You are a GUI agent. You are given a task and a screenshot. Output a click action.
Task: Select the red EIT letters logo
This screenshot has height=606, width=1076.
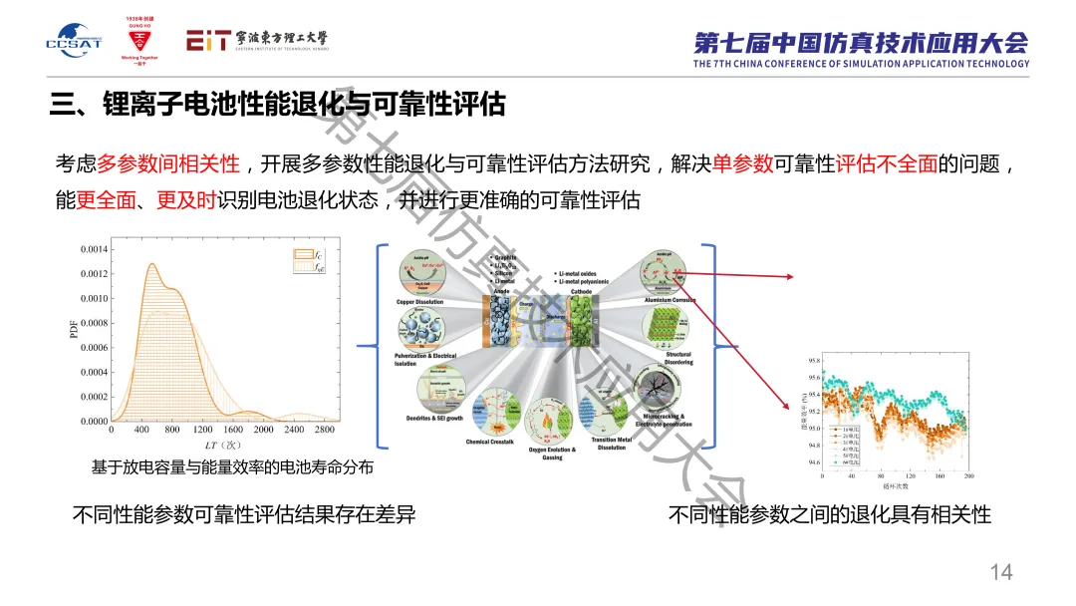[x=208, y=40]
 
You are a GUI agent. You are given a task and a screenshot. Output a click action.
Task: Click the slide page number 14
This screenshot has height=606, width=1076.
[x=1000, y=571]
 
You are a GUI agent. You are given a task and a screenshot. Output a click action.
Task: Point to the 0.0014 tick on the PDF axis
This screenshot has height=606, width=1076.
[x=95, y=249]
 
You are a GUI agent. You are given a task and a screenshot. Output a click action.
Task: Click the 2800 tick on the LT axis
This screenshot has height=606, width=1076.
[x=325, y=430]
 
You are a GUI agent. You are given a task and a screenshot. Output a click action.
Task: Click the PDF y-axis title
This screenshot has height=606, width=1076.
[x=74, y=329]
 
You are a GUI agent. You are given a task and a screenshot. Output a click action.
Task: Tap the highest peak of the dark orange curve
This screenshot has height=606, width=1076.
[x=151, y=265]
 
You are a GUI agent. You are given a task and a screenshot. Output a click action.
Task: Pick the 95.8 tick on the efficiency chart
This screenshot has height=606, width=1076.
[x=814, y=360]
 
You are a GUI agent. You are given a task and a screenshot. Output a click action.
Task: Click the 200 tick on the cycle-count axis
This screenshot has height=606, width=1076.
[x=967, y=476]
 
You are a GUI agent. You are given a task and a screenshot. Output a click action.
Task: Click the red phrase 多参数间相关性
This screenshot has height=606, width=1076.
[x=168, y=164]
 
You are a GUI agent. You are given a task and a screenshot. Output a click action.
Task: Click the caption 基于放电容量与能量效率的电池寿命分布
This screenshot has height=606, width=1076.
[x=232, y=466]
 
